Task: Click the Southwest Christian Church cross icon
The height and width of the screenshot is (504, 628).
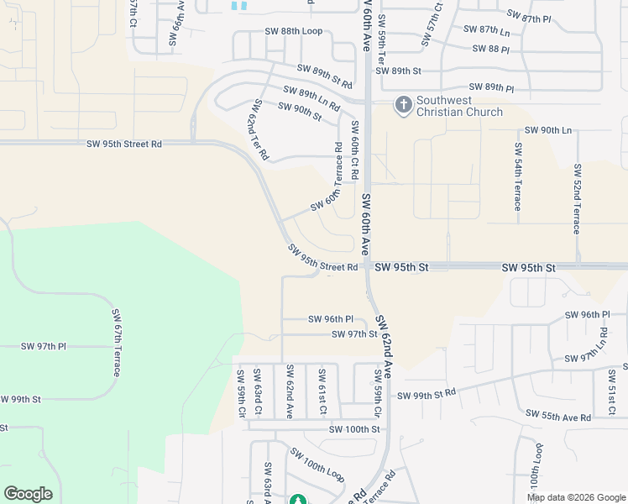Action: [x=403, y=104]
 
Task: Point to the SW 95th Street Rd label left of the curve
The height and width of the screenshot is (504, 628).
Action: [x=123, y=144]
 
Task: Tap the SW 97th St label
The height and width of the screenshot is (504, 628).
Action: [x=355, y=334]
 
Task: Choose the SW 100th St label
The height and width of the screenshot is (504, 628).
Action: [x=354, y=429]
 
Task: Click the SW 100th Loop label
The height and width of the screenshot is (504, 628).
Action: [x=317, y=464]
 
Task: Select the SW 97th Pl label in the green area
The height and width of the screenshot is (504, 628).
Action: [x=44, y=347]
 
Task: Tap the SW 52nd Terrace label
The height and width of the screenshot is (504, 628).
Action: [x=577, y=199]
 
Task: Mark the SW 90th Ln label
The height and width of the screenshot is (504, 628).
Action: [x=547, y=130]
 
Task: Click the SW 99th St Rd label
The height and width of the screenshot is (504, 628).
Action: [x=426, y=395]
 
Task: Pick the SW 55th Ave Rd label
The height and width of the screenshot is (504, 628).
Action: [x=558, y=416]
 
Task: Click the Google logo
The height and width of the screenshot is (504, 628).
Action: [x=28, y=494]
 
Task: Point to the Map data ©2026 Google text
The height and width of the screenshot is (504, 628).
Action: [x=575, y=497]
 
